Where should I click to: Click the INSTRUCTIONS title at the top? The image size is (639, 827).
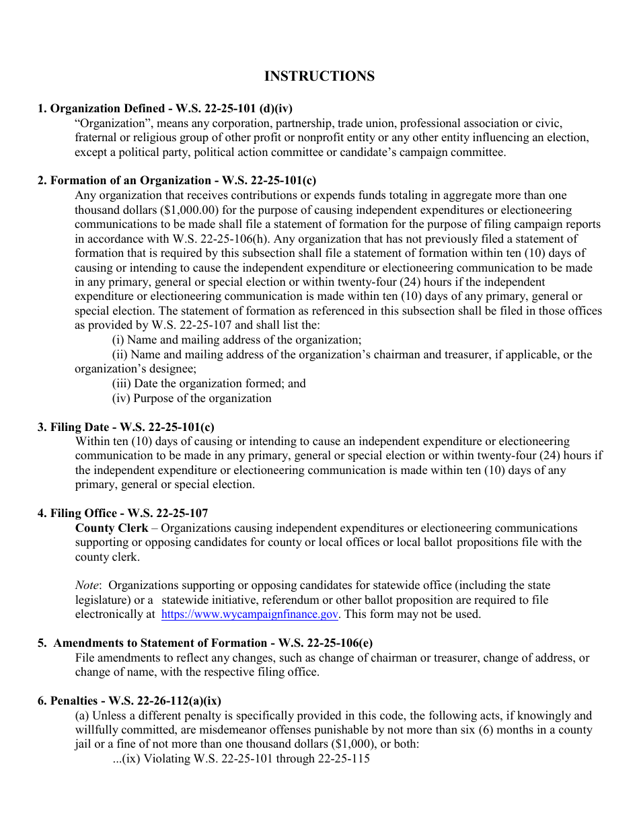pos(319,76)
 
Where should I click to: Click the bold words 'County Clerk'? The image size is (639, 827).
pos(112,528)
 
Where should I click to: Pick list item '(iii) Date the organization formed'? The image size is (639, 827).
pos(209,383)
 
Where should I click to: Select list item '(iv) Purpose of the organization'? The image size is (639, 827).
pos(192,398)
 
